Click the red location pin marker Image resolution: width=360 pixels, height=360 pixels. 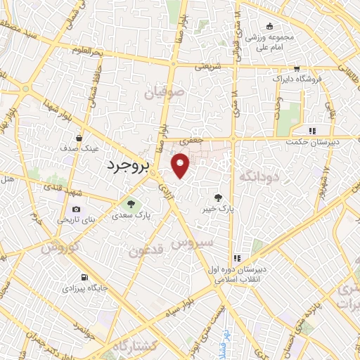[181, 166]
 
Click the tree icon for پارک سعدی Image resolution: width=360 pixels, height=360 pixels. [129, 204]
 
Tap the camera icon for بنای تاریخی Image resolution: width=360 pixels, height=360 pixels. [76, 209]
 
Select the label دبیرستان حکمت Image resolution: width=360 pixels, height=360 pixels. [312, 143]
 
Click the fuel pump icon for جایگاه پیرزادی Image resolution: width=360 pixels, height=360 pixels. [84, 277]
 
